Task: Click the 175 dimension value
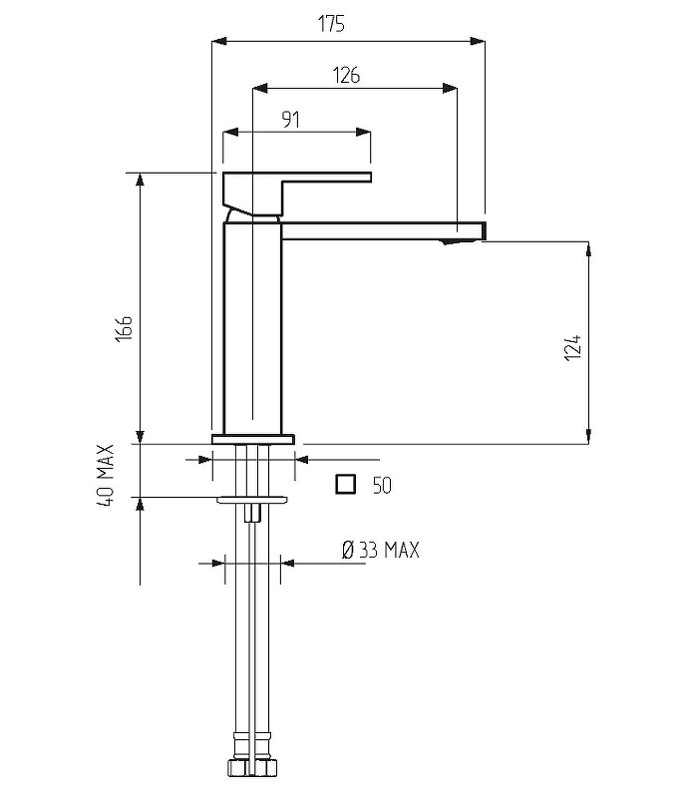[331, 24]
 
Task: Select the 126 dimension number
[346, 76]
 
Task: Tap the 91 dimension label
[290, 120]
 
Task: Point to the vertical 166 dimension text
[124, 329]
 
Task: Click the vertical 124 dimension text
[572, 347]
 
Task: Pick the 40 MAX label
[106, 476]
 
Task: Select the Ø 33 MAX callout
[381, 551]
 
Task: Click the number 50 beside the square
[382, 486]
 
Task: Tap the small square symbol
[346, 484]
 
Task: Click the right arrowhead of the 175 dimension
[478, 41]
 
